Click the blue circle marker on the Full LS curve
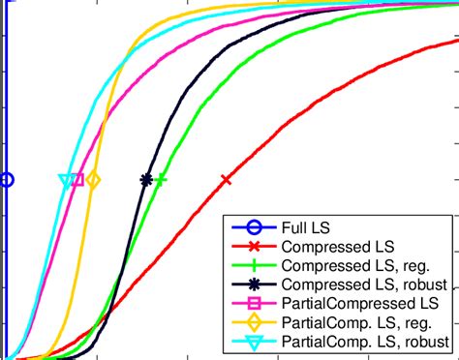(7, 179)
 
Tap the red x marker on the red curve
(227, 179)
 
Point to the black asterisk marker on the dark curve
(146, 179)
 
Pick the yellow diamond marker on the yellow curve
(93, 179)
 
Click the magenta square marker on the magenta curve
(77, 179)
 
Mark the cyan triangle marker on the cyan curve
(66, 180)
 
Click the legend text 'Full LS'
(304, 227)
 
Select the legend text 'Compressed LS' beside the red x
(329, 247)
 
